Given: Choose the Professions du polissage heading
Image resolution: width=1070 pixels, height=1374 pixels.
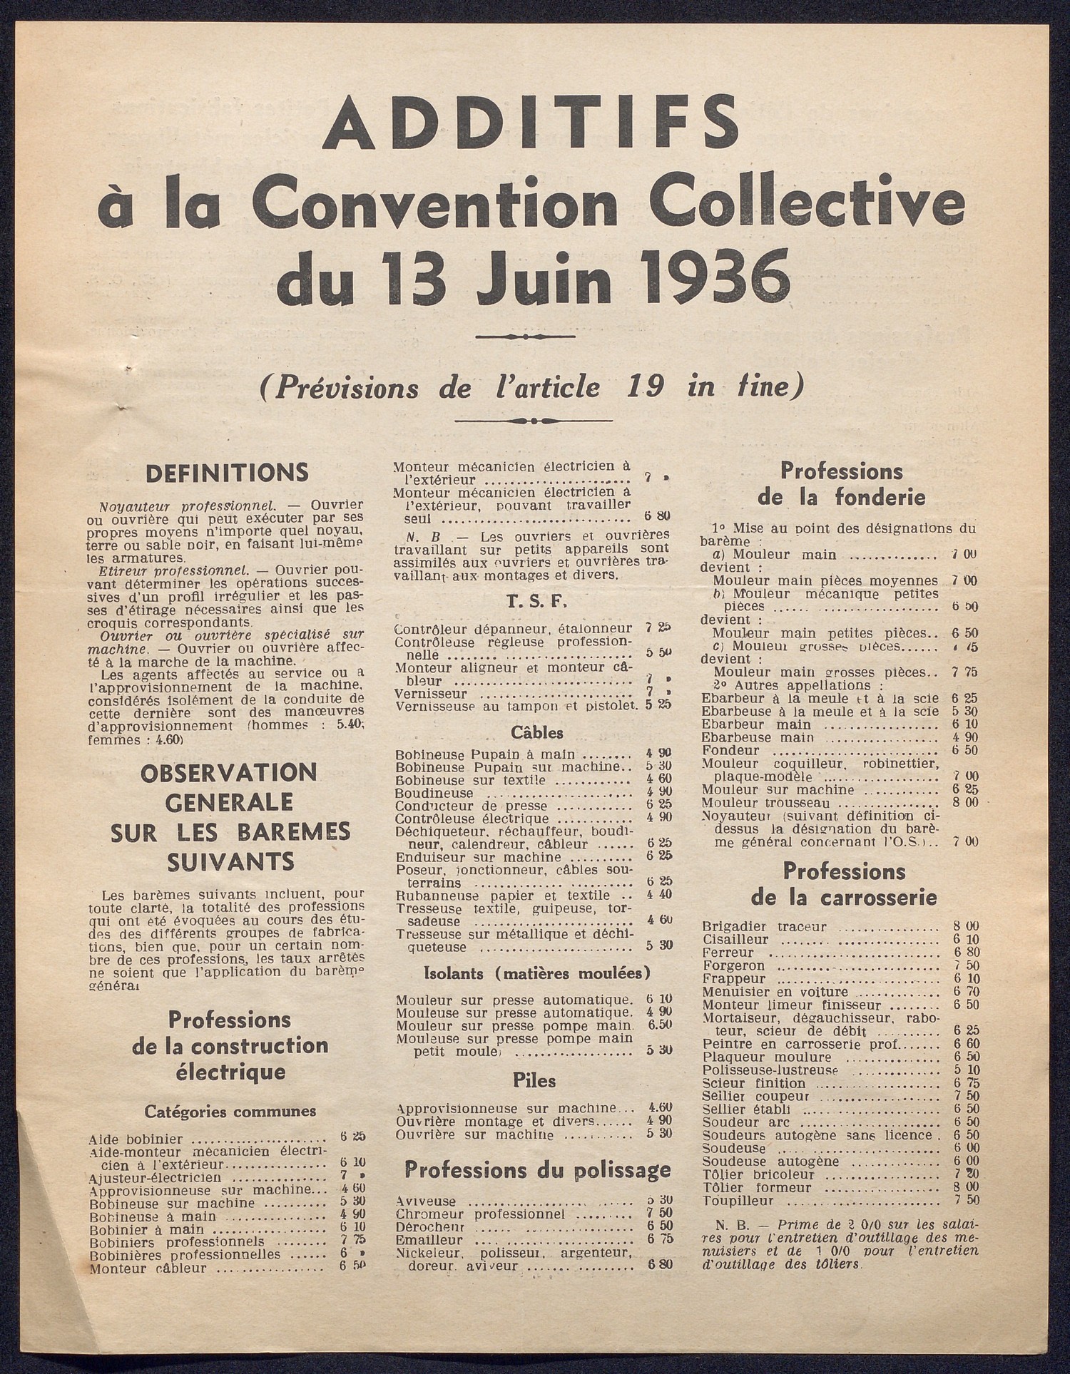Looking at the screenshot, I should [537, 1169].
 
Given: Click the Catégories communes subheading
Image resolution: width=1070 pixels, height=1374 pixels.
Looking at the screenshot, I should [230, 1110].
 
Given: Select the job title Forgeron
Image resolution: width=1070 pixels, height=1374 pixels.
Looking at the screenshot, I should [734, 965].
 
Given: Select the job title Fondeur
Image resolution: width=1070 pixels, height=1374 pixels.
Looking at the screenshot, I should [730, 751].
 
